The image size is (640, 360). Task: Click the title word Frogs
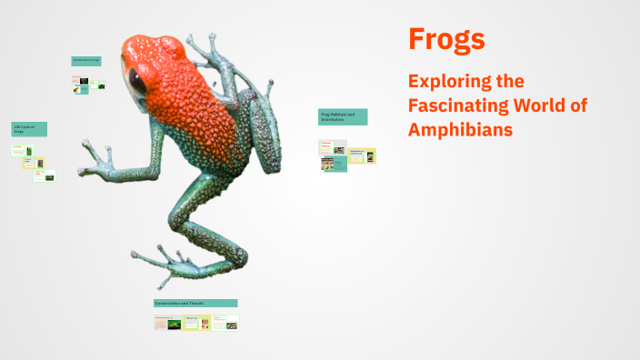pyautogui.click(x=446, y=39)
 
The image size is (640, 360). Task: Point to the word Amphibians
pyautogui.click(x=461, y=130)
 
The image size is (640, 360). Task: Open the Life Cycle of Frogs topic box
pyautogui.click(x=29, y=129)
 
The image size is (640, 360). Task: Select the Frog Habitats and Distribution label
pyautogui.click(x=343, y=116)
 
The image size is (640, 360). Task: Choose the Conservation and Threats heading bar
pyautogui.click(x=195, y=303)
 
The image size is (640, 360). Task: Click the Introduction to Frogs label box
pyautogui.click(x=86, y=61)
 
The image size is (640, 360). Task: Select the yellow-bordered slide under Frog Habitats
pyautogui.click(x=362, y=156)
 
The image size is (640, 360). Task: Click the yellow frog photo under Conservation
pyautogui.click(x=175, y=323)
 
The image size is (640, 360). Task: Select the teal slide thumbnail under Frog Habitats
pyautogui.click(x=334, y=165)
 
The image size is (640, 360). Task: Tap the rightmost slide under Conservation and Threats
pyautogui.click(x=225, y=323)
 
